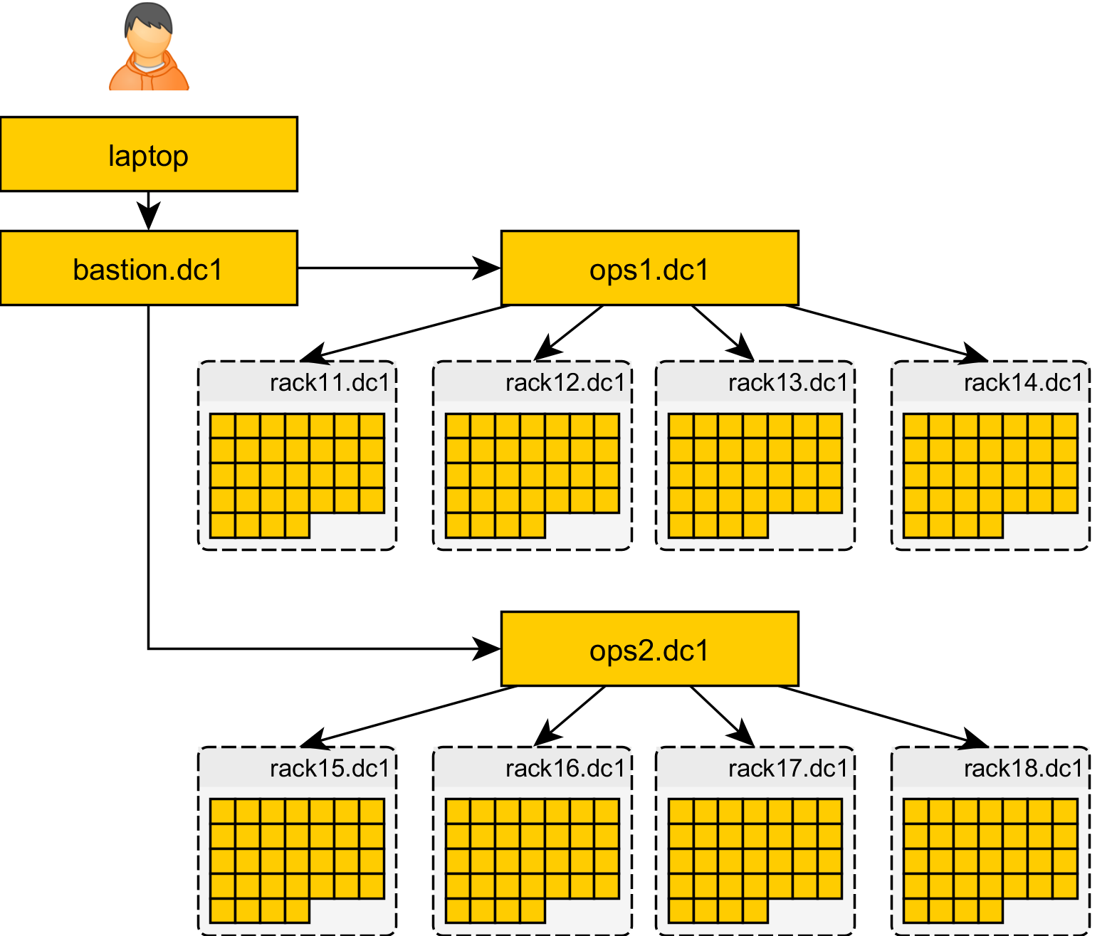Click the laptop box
coord(149,154)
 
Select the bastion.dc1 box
coord(149,268)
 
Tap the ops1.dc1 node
coord(649,268)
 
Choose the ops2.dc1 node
coord(649,648)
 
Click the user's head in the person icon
coord(149,32)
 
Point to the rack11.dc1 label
coord(330,383)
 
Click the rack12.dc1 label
coord(565,383)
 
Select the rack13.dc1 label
coord(788,383)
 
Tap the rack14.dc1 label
coord(1023,383)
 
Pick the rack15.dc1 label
coord(330,769)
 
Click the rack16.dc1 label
coord(565,769)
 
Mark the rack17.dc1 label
coord(788,769)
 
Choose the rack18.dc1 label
coord(1023,769)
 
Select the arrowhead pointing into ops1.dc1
coord(488,268)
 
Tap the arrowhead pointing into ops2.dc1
coord(488,648)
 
